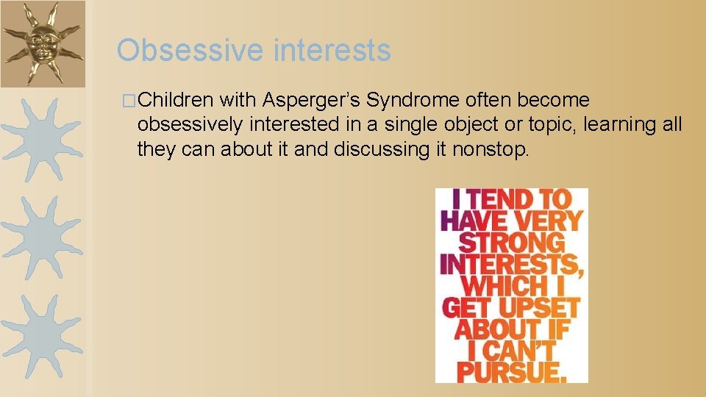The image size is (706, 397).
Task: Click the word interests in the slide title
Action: (332, 51)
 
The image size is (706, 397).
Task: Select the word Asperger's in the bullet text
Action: (313, 100)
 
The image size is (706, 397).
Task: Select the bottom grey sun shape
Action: (41, 334)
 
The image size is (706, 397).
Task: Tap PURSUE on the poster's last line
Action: (513, 371)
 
